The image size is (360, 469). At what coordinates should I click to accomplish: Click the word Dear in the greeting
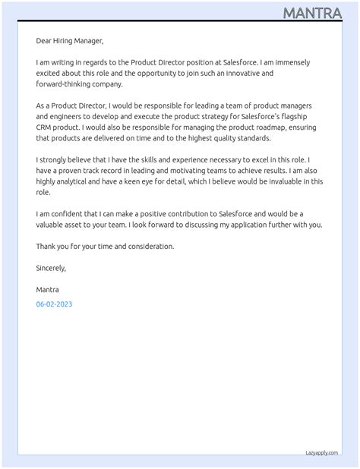(x=44, y=40)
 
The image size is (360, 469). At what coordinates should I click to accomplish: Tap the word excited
(x=50, y=73)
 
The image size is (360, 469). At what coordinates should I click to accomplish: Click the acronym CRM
(x=46, y=127)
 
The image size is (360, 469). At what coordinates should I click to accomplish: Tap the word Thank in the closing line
(x=46, y=247)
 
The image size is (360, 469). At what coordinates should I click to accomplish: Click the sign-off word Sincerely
(x=51, y=268)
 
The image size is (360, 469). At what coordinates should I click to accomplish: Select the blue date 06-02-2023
(x=54, y=304)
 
